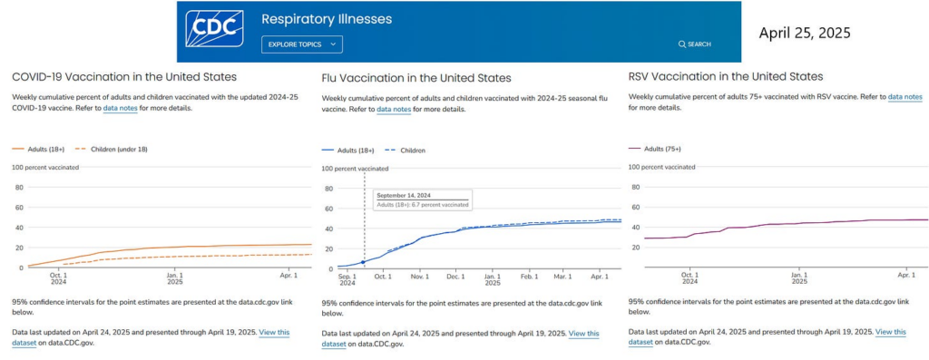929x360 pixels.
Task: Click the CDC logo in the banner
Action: click(215, 29)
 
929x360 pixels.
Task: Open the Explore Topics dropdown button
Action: click(302, 44)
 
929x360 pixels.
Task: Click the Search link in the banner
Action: click(694, 44)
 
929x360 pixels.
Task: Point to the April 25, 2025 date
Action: click(805, 32)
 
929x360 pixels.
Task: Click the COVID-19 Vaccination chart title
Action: click(124, 77)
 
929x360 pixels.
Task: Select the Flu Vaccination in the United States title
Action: click(416, 78)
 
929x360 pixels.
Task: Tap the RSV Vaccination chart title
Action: click(726, 76)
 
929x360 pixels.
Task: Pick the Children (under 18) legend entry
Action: click(115, 149)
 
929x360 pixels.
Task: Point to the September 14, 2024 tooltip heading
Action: click(404, 195)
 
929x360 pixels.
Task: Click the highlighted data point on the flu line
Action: click(364, 262)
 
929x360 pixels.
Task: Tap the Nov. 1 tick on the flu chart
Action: click(419, 276)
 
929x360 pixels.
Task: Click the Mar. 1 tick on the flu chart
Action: click(564, 276)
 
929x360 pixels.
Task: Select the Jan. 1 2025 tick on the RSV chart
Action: click(797, 276)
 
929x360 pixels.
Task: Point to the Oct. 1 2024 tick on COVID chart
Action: click(58, 276)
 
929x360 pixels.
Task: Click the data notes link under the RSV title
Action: click(905, 96)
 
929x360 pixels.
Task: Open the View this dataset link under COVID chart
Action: click(274, 332)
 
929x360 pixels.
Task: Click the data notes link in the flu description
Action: click(394, 109)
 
